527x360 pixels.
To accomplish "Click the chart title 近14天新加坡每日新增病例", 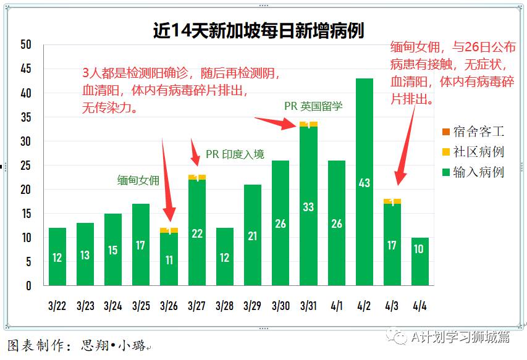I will pos(258,30).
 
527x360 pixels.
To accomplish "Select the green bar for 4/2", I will pos(364,182).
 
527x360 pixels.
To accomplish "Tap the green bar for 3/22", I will pos(57,257).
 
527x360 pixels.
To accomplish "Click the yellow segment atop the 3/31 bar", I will pos(308,124).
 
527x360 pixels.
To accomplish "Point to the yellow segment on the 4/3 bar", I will pos(392,201).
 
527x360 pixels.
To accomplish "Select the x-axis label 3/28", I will pos(224,306).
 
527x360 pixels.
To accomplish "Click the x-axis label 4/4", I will pos(419,306).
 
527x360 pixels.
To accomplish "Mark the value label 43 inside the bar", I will pos(364,183).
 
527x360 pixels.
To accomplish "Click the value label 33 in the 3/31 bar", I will pos(308,207).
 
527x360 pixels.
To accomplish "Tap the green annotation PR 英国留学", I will pos(313,106).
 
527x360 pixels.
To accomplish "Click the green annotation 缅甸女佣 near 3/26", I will pos(138,180).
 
